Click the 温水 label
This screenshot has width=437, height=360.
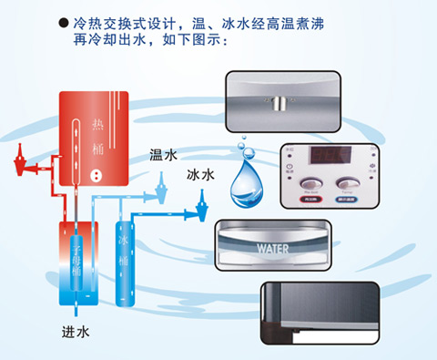coord(163,156)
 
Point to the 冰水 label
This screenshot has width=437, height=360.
coord(201,173)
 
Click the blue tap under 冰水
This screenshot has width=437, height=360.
coord(196,215)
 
